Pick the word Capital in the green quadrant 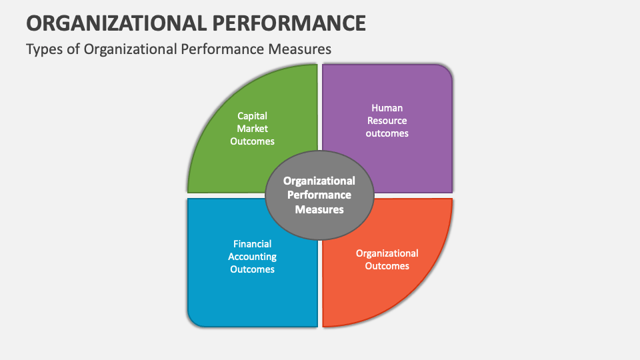click(x=252, y=115)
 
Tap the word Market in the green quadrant click(x=252, y=128)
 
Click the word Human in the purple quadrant click(x=387, y=107)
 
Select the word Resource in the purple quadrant click(x=387, y=120)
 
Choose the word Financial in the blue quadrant click(x=252, y=244)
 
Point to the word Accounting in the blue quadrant click(x=252, y=257)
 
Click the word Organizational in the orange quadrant click(x=387, y=253)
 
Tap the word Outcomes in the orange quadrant click(x=387, y=266)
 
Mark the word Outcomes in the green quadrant click(x=252, y=141)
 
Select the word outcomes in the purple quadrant click(x=387, y=133)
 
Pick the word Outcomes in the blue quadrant click(x=252, y=269)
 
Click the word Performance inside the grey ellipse click(x=319, y=195)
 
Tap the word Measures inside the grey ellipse click(x=319, y=209)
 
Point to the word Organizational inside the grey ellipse click(x=319, y=181)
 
